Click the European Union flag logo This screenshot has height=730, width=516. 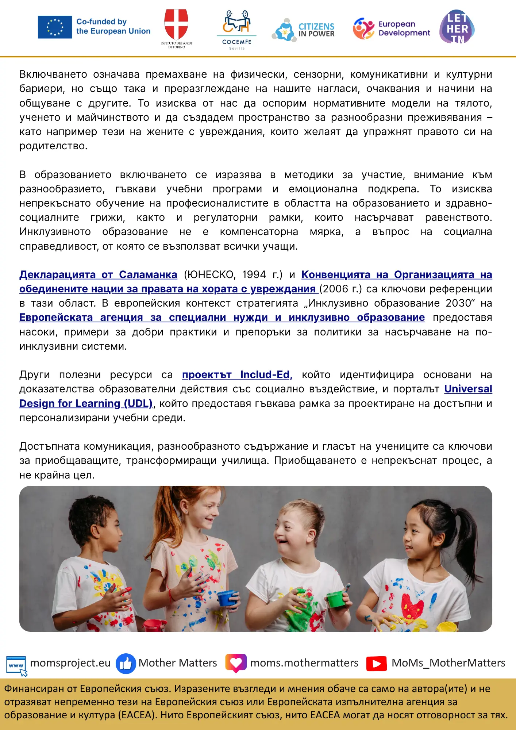click(x=55, y=27)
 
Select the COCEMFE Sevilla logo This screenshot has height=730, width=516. click(x=237, y=29)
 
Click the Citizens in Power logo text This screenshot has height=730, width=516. click(x=316, y=30)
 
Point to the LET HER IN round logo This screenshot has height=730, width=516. click(x=457, y=27)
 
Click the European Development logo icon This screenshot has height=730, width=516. click(x=363, y=28)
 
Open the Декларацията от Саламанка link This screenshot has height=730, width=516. click(x=98, y=274)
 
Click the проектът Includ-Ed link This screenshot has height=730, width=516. click(x=237, y=375)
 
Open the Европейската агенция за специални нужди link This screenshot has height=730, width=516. click(x=222, y=318)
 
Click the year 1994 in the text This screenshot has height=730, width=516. click(x=254, y=274)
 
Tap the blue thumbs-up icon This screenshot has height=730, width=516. click(x=126, y=663)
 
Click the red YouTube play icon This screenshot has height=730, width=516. click(x=376, y=663)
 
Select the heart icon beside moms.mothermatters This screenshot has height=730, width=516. click(x=236, y=663)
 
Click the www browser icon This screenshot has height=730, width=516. click(x=16, y=665)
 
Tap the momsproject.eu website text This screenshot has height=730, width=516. click(x=70, y=663)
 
